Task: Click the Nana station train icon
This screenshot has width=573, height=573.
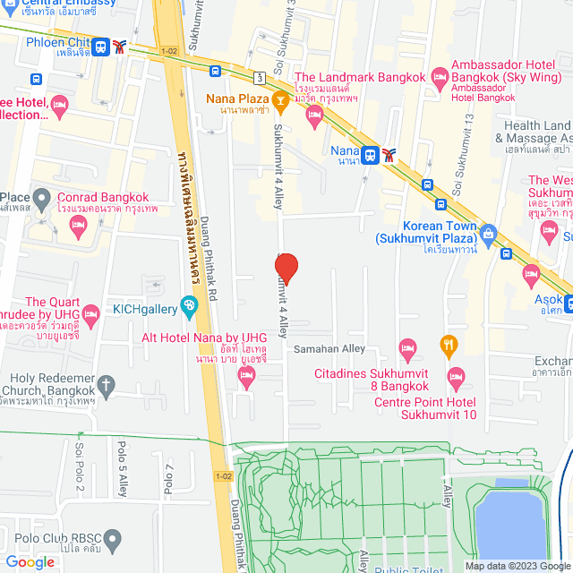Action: (370, 154)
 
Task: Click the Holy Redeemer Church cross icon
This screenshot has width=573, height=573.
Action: (107, 387)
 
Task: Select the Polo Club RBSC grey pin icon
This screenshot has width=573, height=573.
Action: (112, 539)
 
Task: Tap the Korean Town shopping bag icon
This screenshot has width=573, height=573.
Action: (488, 235)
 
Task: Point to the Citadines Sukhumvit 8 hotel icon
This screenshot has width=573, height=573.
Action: (407, 346)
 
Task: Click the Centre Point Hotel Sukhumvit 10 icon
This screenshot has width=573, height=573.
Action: (456, 374)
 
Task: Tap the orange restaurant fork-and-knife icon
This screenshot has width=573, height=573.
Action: (449, 344)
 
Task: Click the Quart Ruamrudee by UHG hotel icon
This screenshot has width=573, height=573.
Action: (90, 312)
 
